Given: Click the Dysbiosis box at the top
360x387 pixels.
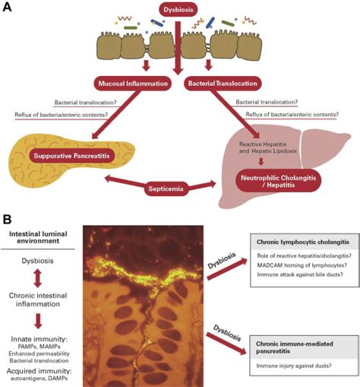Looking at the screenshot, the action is [x=178, y=10].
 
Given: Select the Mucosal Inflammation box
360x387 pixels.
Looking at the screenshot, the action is [x=133, y=84].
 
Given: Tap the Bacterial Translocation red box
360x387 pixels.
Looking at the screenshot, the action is [x=223, y=84].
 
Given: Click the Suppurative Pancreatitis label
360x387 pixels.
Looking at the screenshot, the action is [x=71, y=156].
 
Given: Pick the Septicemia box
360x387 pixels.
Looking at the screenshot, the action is [x=166, y=189].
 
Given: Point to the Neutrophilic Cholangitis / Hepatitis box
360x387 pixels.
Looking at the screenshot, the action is [x=278, y=181].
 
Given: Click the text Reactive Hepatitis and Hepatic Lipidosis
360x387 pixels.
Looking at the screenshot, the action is [x=268, y=148].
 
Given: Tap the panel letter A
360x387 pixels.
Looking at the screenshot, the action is [x=7, y=7].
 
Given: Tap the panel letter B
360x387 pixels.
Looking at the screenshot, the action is [x=7, y=219].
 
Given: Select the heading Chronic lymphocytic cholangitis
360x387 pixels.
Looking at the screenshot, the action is [x=303, y=242].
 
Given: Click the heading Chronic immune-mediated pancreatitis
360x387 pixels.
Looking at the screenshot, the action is [x=295, y=347].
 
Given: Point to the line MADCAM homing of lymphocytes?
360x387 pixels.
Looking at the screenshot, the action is [x=302, y=265].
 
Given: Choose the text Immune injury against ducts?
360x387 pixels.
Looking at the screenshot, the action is [x=294, y=366].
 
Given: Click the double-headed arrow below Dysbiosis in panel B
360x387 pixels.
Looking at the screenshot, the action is [x=37, y=278].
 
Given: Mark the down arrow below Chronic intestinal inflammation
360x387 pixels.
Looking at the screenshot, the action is [x=38, y=321].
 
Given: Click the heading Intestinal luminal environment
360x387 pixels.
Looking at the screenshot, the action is [x=38, y=237].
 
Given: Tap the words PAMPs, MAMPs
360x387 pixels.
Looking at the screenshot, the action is [x=39, y=347].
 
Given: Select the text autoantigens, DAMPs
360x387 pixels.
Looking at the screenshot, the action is [x=39, y=379].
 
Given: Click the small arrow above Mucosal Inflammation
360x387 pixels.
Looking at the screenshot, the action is [x=146, y=65].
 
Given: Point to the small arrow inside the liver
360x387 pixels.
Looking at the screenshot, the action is [x=261, y=162].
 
